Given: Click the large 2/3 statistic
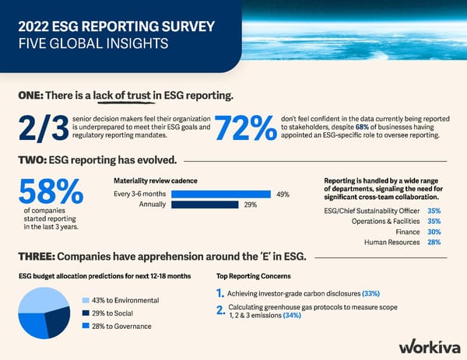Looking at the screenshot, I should [x=40, y=129].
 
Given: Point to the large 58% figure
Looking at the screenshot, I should [x=51, y=192].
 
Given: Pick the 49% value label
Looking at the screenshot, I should [x=283, y=194].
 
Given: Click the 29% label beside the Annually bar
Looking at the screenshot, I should [x=251, y=205].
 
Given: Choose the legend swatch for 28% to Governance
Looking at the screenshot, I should [x=86, y=327].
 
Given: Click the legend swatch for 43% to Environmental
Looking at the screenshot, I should [x=86, y=300].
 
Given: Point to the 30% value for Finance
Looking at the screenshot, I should [x=434, y=232].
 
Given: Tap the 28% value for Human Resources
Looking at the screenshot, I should [x=434, y=243].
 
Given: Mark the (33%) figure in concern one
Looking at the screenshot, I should [x=370, y=293].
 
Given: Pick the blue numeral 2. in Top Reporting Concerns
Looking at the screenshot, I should [x=221, y=311].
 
